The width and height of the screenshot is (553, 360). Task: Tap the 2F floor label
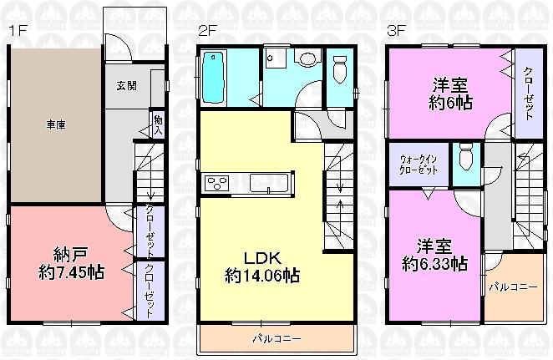(208, 31)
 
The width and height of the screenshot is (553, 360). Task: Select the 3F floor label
(396, 31)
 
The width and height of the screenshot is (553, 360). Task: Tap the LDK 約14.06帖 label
(261, 265)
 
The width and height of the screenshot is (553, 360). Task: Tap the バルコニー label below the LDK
(276, 339)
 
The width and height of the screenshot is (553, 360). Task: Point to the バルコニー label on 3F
(507, 286)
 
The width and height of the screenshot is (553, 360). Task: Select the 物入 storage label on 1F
(157, 126)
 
